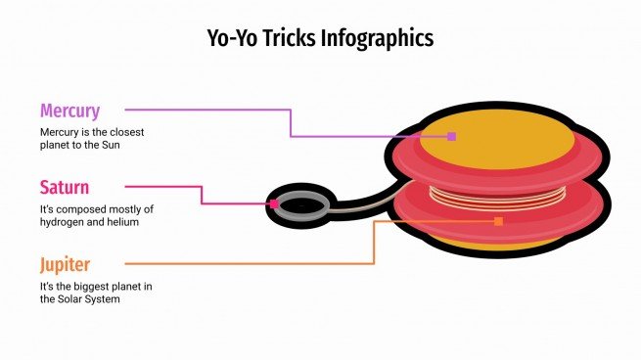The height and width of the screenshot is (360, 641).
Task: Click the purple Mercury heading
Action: (x=69, y=111)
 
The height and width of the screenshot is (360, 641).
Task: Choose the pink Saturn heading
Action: (x=65, y=187)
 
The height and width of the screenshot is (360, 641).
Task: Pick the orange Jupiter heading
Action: (x=66, y=264)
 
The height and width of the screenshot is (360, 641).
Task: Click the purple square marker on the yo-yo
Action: (x=451, y=136)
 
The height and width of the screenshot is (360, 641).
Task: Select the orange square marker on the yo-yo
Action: (x=498, y=222)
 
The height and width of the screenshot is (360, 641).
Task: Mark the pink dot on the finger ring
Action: (x=274, y=204)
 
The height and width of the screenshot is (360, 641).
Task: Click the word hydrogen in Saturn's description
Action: (x=65, y=222)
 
